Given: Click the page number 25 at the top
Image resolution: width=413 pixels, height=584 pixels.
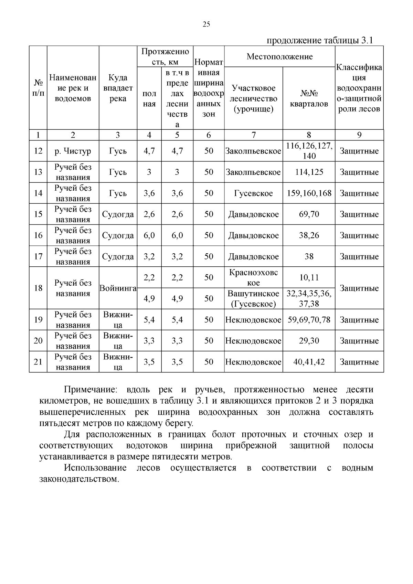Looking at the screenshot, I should click(206, 24).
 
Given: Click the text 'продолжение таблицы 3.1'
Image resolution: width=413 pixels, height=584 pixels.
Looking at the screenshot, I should click(320, 40).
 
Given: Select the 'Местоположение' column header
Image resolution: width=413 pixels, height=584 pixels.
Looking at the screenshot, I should click(279, 56).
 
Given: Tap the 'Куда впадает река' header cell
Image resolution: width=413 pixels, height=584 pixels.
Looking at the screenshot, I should click(118, 88).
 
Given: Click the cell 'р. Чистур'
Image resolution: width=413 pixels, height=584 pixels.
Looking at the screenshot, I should click(73, 151).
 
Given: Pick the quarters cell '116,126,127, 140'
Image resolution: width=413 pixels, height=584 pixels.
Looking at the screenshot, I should click(309, 151).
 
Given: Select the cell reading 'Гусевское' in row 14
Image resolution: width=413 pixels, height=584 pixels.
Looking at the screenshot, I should click(253, 193).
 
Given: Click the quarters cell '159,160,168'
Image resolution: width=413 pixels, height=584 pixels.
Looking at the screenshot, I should click(309, 193).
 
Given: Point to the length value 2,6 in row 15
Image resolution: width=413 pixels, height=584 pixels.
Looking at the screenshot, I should click(149, 214).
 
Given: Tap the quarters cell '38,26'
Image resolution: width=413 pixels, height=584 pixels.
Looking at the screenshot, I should click(309, 235).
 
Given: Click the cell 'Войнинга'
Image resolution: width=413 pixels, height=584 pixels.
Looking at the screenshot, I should click(118, 288).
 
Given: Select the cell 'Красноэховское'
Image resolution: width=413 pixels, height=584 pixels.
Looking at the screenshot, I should click(253, 277).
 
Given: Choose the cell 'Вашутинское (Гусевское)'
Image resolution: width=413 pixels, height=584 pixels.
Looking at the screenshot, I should click(253, 298).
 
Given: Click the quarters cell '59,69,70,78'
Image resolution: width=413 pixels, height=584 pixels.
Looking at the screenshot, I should click(309, 320).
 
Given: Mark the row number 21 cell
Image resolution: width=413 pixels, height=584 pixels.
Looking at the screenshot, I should click(38, 362).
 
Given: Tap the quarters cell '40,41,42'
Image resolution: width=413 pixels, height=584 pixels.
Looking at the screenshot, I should click(309, 362).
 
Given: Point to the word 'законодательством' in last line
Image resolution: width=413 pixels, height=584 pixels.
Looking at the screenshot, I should click(79, 479).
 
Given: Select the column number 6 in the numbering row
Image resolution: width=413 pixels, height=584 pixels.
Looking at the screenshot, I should click(209, 135).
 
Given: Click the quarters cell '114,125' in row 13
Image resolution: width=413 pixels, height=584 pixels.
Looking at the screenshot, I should click(309, 172).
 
